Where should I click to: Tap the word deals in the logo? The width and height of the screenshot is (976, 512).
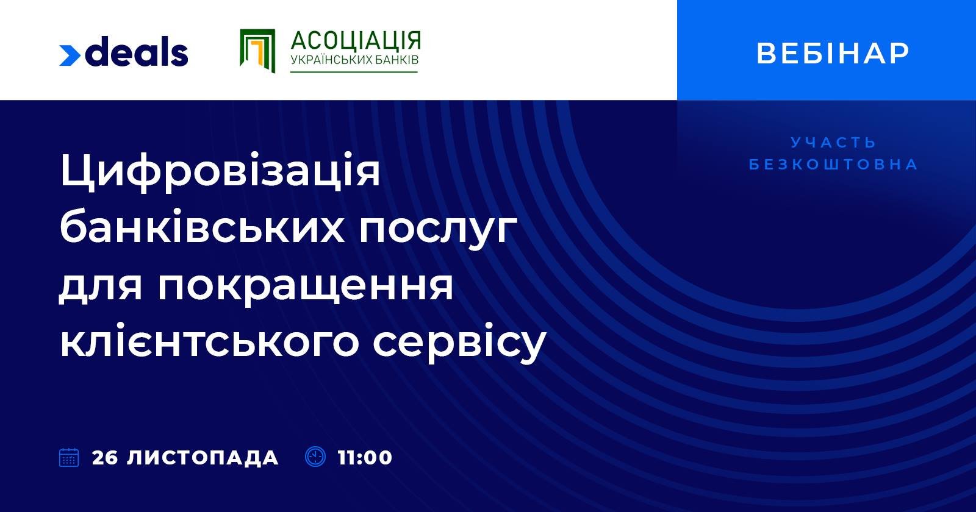click(x=137, y=52)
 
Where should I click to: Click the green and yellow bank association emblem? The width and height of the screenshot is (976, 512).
click(x=257, y=51)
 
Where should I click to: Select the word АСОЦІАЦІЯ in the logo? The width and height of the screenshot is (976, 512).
click(x=356, y=41)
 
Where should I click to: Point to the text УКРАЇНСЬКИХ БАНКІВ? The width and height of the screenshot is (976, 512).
click(x=354, y=61)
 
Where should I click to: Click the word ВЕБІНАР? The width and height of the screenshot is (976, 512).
click(x=833, y=53)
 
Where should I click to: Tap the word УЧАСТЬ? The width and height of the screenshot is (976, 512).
click(x=833, y=143)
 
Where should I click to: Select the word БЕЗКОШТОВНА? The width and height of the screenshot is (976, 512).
click(x=833, y=165)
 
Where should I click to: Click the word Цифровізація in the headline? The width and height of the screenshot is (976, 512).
click(x=220, y=172)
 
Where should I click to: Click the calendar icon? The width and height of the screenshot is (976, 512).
click(x=69, y=457)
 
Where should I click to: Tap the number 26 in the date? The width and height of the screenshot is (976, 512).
click(x=105, y=458)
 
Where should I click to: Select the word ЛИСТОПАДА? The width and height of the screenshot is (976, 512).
click(x=203, y=458)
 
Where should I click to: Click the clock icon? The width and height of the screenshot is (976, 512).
click(x=315, y=457)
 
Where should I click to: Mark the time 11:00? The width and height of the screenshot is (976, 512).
click(x=365, y=458)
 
